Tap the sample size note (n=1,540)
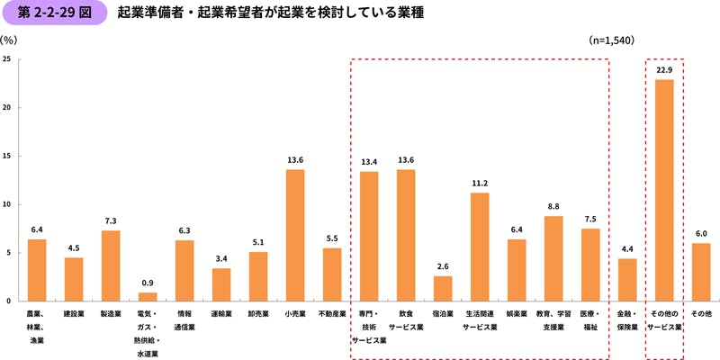[x=612, y=40]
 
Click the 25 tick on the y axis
[x=7, y=59]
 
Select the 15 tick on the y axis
[x=7, y=156]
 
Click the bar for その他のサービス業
[x=664, y=190]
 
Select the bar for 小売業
[x=295, y=235]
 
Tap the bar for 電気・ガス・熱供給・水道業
[x=148, y=296]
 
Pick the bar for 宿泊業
[x=443, y=288]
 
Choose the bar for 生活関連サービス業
[x=480, y=247]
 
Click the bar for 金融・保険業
[x=627, y=279]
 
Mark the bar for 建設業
[x=74, y=279]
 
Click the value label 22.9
[x=664, y=70]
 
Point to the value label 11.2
[x=480, y=183]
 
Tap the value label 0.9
[x=148, y=283]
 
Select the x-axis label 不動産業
[x=332, y=314]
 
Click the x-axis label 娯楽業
[x=517, y=314]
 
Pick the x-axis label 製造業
[x=111, y=314]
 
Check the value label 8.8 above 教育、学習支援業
[x=553, y=206]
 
